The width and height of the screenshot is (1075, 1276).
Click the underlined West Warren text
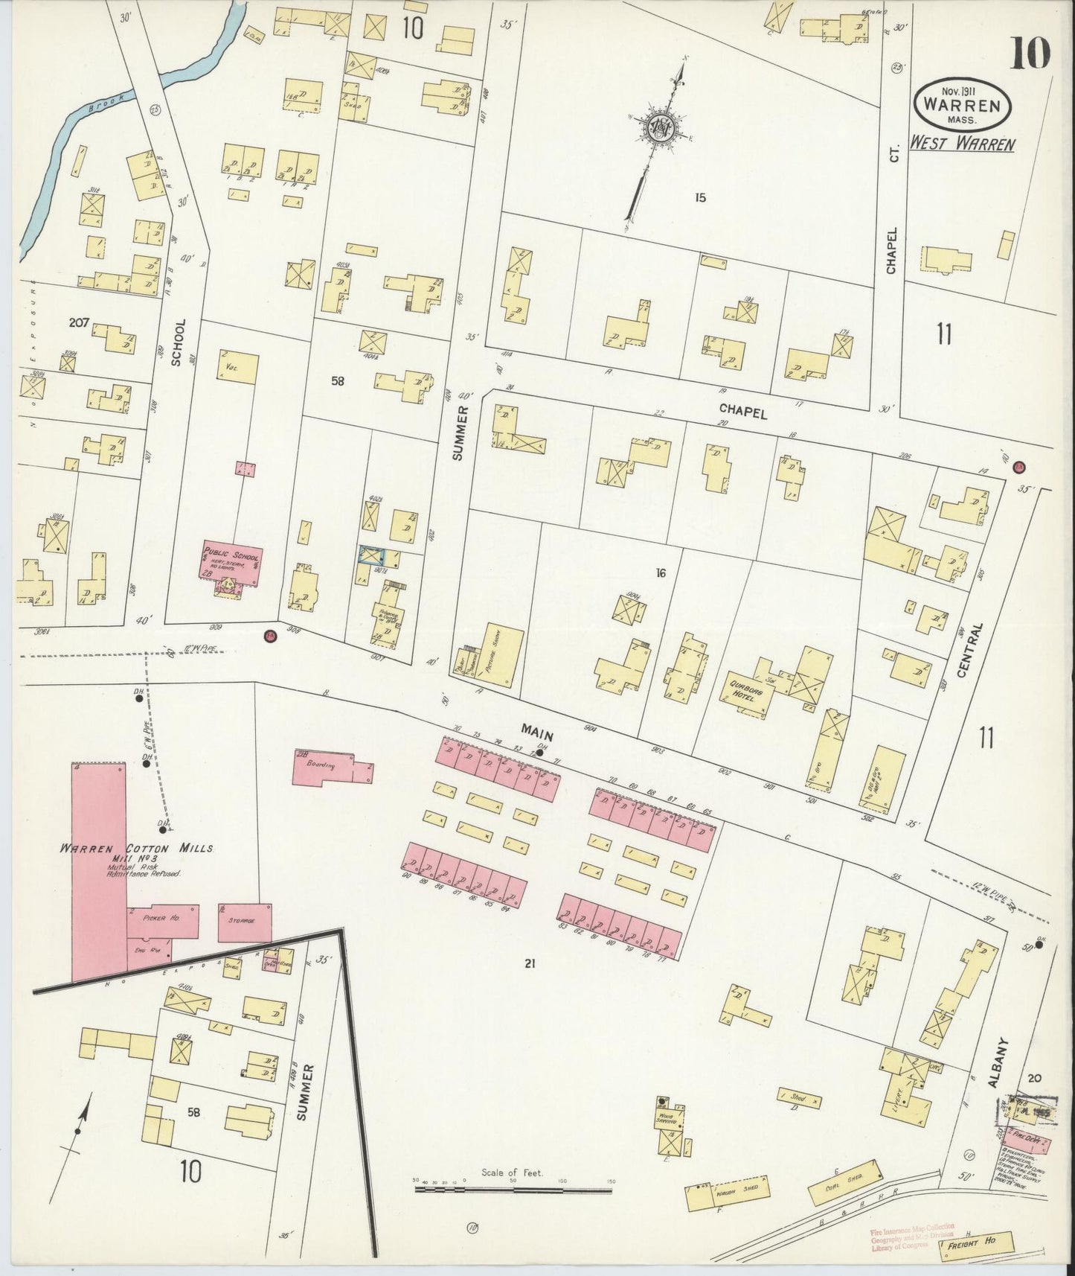962,144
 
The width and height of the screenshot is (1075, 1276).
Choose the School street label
176,343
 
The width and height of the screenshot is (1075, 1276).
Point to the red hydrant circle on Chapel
1019,468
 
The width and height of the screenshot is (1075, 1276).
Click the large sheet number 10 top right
1029,54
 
